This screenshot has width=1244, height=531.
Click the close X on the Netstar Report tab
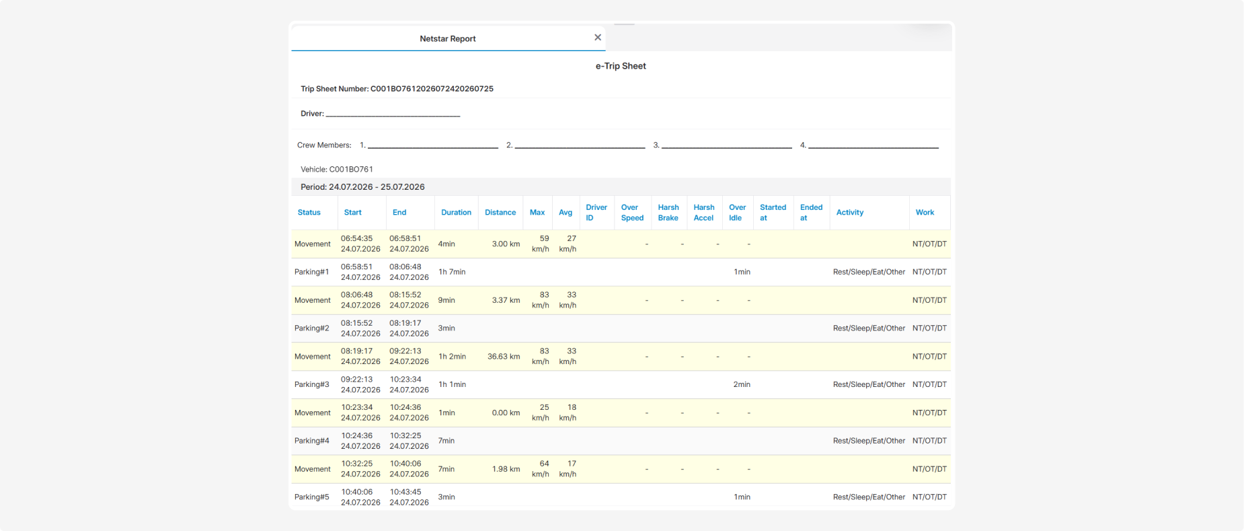tap(598, 38)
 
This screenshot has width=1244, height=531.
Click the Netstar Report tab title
tap(447, 39)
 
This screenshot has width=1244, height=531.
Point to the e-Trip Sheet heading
tap(621, 66)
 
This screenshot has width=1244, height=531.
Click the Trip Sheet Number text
tap(397, 89)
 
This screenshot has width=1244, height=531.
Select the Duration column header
tap(456, 213)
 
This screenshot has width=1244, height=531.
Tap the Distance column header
tap(500, 213)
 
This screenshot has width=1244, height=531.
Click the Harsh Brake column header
tap(668, 213)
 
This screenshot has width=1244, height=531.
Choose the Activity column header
tap(850, 213)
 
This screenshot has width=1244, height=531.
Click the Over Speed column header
tap(632, 213)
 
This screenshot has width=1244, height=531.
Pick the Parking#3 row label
tap(312, 385)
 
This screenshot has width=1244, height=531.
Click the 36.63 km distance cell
tap(504, 357)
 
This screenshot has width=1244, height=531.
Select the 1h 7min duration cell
tap(452, 272)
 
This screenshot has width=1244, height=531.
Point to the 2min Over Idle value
tap(742, 385)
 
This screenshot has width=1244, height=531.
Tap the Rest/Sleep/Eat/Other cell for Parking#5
tap(869, 497)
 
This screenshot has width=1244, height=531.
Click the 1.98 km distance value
tap(506, 469)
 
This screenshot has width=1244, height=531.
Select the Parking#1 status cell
tap(312, 272)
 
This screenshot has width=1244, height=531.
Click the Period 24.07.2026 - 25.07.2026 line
tap(362, 187)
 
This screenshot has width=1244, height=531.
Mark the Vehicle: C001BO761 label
tap(337, 170)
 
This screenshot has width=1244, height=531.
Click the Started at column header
tap(773, 213)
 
